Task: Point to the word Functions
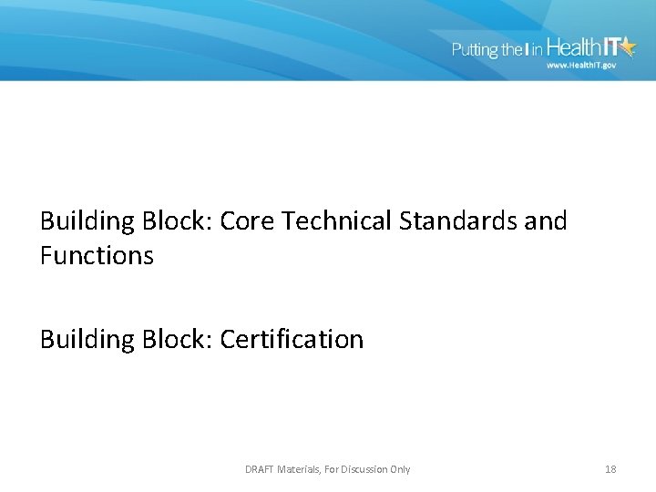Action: coord(97,256)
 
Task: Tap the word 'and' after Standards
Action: coord(548,221)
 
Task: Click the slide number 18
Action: coord(610,469)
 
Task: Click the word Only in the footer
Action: coord(399,469)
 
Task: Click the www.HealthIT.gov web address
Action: coord(579,66)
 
